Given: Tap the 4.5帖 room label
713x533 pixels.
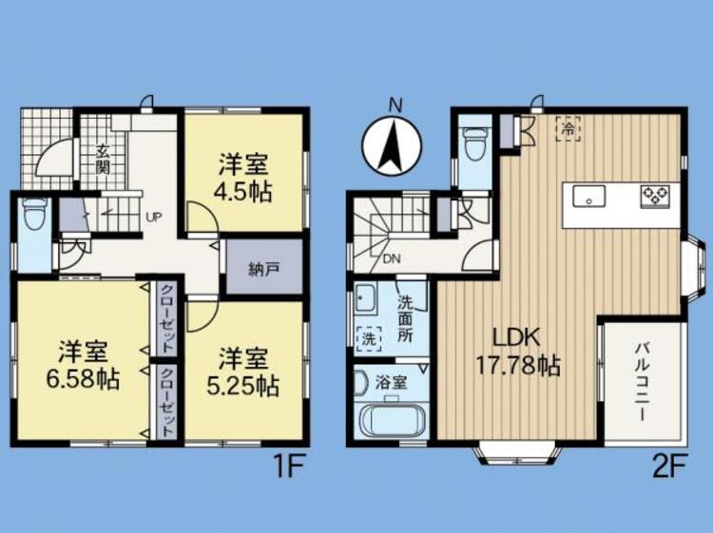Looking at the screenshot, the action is [243, 192].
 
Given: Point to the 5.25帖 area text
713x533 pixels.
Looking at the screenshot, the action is [242, 387].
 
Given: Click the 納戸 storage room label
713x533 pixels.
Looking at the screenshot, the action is [264, 269].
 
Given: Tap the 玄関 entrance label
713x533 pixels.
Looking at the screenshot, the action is [103, 159].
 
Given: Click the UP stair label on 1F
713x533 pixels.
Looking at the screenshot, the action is [153, 217].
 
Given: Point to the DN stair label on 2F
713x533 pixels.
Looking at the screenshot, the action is [391, 259].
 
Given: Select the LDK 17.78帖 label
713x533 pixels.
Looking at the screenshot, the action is [517, 351].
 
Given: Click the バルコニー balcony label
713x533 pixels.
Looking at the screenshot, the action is [642, 383].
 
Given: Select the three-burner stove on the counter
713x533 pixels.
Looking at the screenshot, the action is [655, 197].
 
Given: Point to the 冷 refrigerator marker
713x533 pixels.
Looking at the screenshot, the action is [568, 128].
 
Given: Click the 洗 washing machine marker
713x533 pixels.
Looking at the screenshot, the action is [368, 338].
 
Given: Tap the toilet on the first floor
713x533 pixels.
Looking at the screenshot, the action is [33, 215].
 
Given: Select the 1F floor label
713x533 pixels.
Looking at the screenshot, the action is [286, 466].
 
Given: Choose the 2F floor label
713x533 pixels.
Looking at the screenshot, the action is [668, 466].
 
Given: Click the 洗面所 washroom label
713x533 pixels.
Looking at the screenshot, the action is [405, 318].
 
